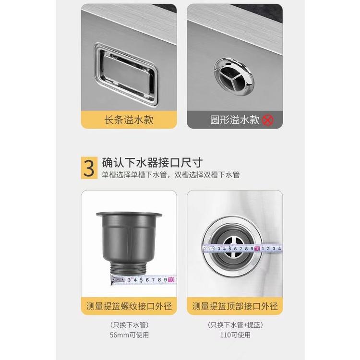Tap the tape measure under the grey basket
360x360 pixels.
144,279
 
